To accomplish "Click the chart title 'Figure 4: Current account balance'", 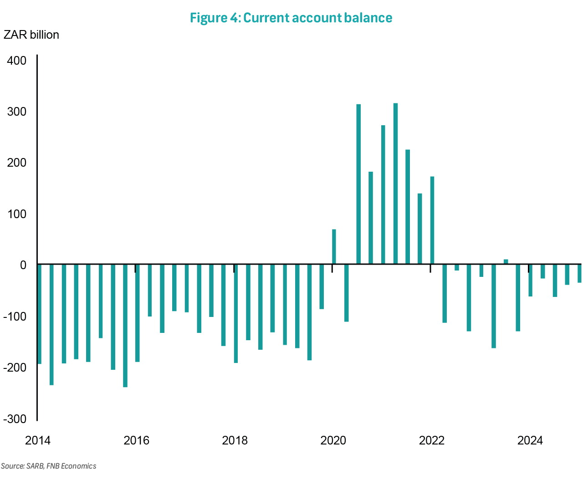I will click(291, 18).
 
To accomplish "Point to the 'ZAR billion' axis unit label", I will click(31, 35).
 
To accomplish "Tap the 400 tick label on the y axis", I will click(17, 61).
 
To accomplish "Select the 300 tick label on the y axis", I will click(17, 112).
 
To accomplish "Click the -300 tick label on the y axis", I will click(15, 419).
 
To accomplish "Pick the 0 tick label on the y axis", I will click(23, 265).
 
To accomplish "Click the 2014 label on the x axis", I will click(38, 440).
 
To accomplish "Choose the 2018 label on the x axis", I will click(235, 440).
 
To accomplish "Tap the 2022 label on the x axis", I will click(431, 440).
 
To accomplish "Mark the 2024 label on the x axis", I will click(530, 440).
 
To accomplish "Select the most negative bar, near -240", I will click(125, 326).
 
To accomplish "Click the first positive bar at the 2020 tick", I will click(334, 246).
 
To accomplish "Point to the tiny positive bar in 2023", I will click(506, 261).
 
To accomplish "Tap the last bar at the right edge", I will click(579, 274).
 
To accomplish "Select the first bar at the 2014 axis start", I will click(40, 314).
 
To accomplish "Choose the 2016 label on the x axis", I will click(136, 440).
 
